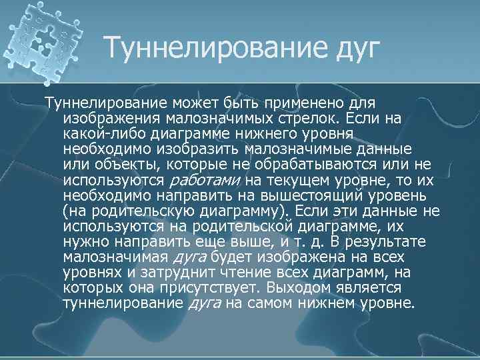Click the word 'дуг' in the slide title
[x=347, y=48]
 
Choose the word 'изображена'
[x=289, y=257]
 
